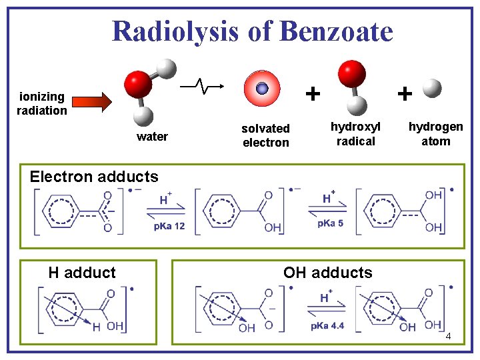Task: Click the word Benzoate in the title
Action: pos(337,31)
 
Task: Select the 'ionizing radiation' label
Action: pos(42,103)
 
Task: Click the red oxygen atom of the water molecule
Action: pos(138,85)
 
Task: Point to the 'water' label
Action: pos(152,137)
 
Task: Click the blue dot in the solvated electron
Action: pos(262,89)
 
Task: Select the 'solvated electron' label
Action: pos(265,135)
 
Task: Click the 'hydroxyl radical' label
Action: pos(356,133)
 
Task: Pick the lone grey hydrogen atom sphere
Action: pos(432,88)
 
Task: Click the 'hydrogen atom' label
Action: pos(435,134)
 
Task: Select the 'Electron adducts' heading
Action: pos(94,177)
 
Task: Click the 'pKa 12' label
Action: pos(169,227)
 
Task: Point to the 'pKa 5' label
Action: pos(330,223)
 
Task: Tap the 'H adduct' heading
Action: pos(82,272)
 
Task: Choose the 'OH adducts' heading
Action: pos(328,272)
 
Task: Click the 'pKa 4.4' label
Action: pos(327,326)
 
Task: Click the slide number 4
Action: pos(448,337)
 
